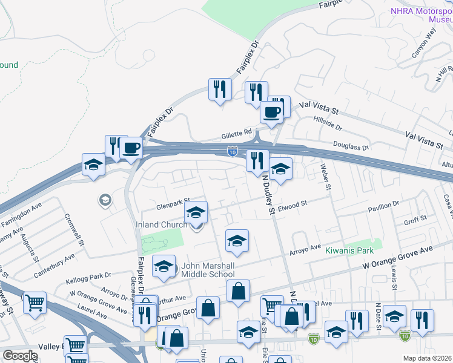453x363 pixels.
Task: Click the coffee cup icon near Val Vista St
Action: pos(271,112)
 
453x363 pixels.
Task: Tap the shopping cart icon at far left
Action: pos(35,302)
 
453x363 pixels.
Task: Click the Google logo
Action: pos(20,356)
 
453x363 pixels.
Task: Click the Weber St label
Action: pos(326,177)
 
